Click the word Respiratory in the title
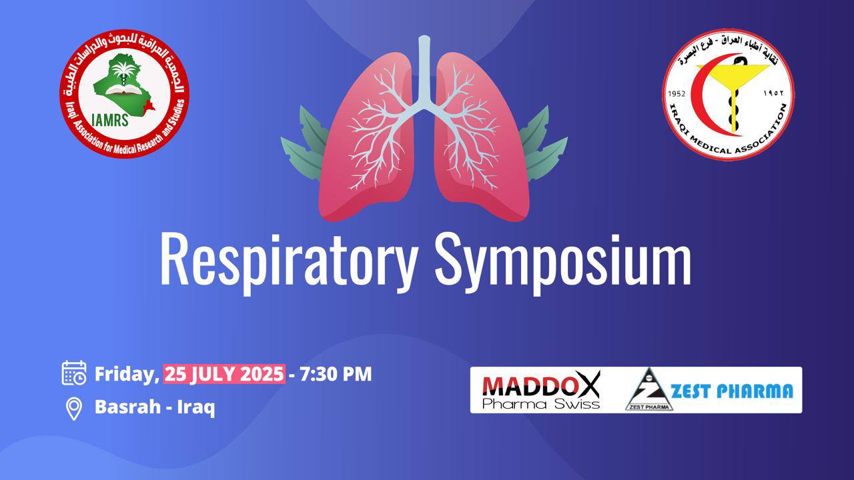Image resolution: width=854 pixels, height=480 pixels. (x=289, y=263)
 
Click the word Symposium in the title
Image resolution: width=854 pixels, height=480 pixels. (x=563, y=263)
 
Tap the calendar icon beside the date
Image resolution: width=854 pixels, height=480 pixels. (x=74, y=373)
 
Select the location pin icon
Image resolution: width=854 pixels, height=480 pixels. (x=73, y=409)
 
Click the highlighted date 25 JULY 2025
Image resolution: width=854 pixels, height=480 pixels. (x=224, y=374)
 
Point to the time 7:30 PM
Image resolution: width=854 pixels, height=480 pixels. (x=336, y=374)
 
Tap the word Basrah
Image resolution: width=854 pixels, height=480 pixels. (x=127, y=407)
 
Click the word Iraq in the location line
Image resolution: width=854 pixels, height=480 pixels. (x=196, y=407)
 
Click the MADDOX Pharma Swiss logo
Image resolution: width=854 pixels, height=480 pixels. (x=541, y=390)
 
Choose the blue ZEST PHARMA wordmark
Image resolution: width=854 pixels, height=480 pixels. (x=732, y=391)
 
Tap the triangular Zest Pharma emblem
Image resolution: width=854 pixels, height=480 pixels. (x=649, y=390)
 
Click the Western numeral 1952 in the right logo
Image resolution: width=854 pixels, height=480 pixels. (x=677, y=94)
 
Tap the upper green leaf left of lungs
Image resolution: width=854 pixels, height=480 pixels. (x=314, y=127)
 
